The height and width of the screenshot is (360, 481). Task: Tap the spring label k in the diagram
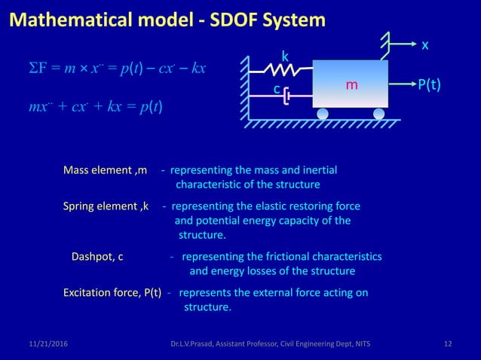[x=285, y=56]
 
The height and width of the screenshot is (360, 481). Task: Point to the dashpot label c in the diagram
[x=277, y=90]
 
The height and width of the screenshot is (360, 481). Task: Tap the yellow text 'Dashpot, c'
[x=97, y=257]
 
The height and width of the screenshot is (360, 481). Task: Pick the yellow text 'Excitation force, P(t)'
[x=112, y=293]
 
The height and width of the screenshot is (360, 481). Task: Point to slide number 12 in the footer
[x=448, y=344]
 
